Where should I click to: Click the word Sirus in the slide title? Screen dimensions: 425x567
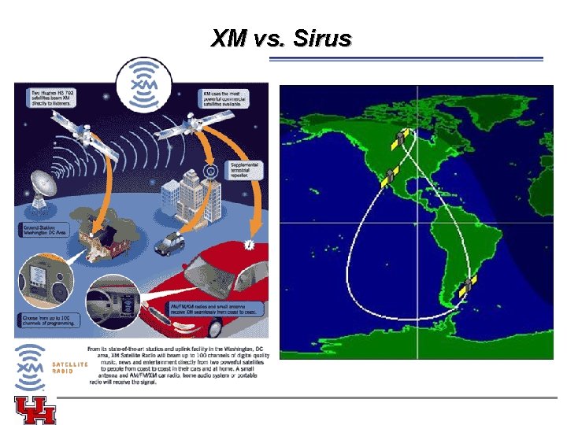click(x=321, y=38)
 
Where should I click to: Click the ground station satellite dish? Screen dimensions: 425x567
click(x=44, y=189)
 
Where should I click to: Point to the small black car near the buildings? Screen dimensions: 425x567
click(x=169, y=243)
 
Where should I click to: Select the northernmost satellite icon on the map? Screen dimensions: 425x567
click(x=403, y=139)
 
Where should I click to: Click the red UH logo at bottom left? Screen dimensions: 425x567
click(x=35, y=410)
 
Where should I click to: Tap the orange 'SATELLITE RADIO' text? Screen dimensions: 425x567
click(x=69, y=368)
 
